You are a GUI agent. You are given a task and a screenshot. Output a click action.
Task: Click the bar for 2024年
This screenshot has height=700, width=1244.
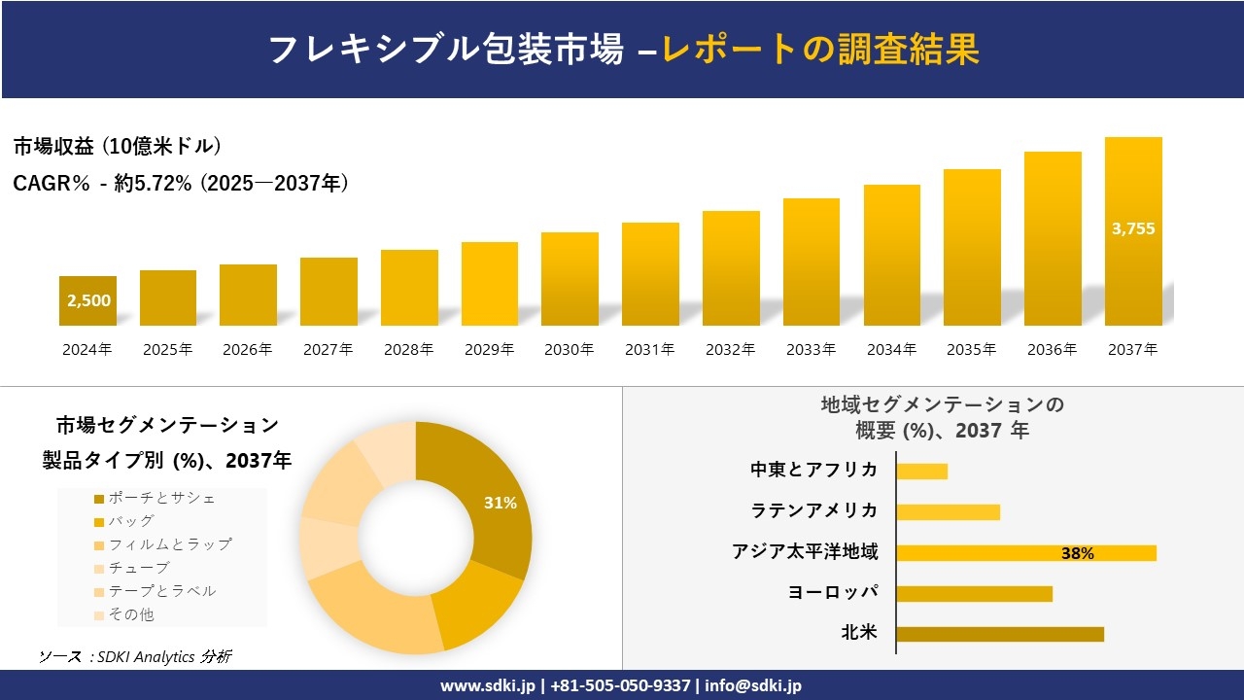pos(87,300)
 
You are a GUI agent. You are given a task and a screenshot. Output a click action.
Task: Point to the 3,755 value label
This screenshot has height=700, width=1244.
pos(1133,229)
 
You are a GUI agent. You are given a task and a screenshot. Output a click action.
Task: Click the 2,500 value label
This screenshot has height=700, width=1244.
pos(88,300)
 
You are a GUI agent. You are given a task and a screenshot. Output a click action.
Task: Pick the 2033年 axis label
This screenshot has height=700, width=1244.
pos(811,350)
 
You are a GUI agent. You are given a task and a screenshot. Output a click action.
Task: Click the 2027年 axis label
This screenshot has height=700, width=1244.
pos(328,350)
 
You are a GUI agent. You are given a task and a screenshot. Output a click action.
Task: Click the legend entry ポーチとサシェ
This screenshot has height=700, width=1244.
pos(161,498)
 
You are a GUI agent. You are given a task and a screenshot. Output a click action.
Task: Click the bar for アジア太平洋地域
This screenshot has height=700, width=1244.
pos(1025,553)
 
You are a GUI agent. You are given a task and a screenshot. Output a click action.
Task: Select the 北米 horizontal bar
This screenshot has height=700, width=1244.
pos(999,634)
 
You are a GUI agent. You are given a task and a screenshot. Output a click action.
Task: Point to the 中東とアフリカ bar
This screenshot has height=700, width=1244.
pos(921,472)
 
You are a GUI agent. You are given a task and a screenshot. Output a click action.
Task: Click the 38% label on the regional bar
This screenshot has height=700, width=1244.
pos(1077,553)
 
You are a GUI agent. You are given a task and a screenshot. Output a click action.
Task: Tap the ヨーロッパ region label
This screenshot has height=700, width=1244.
pos(833,592)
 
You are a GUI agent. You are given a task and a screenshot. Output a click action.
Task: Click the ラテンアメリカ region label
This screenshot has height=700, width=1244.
pos(814,510)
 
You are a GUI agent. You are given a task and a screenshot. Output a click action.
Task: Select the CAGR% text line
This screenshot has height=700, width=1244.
pos(181,183)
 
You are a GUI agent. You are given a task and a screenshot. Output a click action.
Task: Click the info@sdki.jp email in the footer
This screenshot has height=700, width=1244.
pos(754,685)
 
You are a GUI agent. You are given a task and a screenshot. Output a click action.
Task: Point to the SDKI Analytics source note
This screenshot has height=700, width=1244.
pos(135,656)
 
